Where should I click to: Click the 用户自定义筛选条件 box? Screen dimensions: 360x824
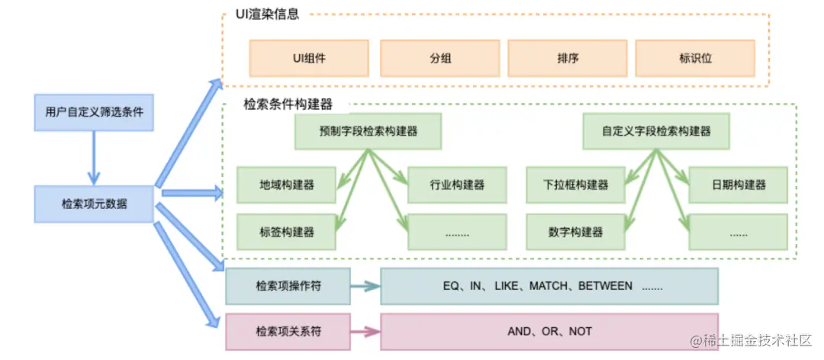[95, 113]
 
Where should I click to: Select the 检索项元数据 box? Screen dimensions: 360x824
[95, 204]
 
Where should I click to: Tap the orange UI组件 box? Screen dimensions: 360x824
[309, 58]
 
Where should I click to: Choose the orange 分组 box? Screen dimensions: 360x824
[439, 58]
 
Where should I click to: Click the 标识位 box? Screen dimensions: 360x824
[694, 58]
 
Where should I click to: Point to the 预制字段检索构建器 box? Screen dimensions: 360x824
[369, 131]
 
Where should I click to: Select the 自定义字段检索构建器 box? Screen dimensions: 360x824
[656, 131]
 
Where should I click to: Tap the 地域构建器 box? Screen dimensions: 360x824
[286, 185]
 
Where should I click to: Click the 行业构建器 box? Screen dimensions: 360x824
[456, 185]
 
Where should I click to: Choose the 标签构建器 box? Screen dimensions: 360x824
[286, 232]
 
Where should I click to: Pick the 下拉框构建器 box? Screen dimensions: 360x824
[575, 185]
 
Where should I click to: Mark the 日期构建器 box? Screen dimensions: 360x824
[738, 185]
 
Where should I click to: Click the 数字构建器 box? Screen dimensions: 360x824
[575, 232]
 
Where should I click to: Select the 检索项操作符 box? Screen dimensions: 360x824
[288, 287]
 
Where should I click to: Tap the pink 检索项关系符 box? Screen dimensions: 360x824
[288, 332]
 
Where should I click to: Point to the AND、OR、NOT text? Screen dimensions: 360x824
[549, 332]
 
